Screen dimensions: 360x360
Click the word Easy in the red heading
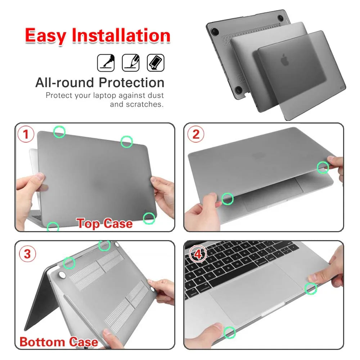click(46, 36)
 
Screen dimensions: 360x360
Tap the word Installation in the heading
click(121, 36)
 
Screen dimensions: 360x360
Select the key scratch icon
click(106, 63)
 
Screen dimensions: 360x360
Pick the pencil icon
click(131, 63)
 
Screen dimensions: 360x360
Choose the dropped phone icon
click(156, 63)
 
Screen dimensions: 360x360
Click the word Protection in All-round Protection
click(132, 83)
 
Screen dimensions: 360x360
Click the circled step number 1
click(26, 135)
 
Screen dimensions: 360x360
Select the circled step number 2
click(196, 134)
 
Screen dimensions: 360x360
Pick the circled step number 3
click(27, 254)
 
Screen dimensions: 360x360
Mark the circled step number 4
click(198, 254)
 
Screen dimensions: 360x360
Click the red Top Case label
click(104, 223)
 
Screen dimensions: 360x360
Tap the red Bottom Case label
click(59, 342)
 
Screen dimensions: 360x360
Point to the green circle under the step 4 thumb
click(229, 333)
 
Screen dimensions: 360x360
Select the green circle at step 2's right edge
click(323, 167)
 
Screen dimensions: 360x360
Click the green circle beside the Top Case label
click(149, 218)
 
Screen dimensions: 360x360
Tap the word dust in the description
click(156, 96)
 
